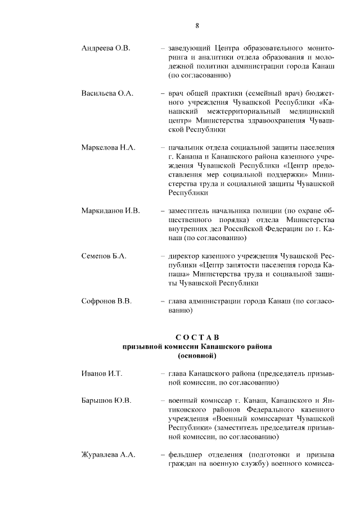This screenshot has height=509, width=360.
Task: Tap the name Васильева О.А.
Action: tap(107, 93)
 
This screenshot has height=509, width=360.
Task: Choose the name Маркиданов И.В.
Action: tap(110, 211)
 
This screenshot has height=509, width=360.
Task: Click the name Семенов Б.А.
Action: tap(103, 256)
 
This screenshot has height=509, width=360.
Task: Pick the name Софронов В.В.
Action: tap(106, 301)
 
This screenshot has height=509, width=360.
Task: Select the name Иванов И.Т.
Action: tap(102, 373)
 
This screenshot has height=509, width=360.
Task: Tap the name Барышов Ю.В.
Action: tap(106, 400)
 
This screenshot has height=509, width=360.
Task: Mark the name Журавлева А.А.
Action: tap(108, 455)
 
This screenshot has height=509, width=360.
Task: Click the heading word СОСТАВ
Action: tap(197, 337)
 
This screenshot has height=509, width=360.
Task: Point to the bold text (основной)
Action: tap(197, 355)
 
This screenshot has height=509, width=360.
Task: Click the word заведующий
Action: tap(187, 48)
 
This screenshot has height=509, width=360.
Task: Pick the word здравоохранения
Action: tap(278, 120)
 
